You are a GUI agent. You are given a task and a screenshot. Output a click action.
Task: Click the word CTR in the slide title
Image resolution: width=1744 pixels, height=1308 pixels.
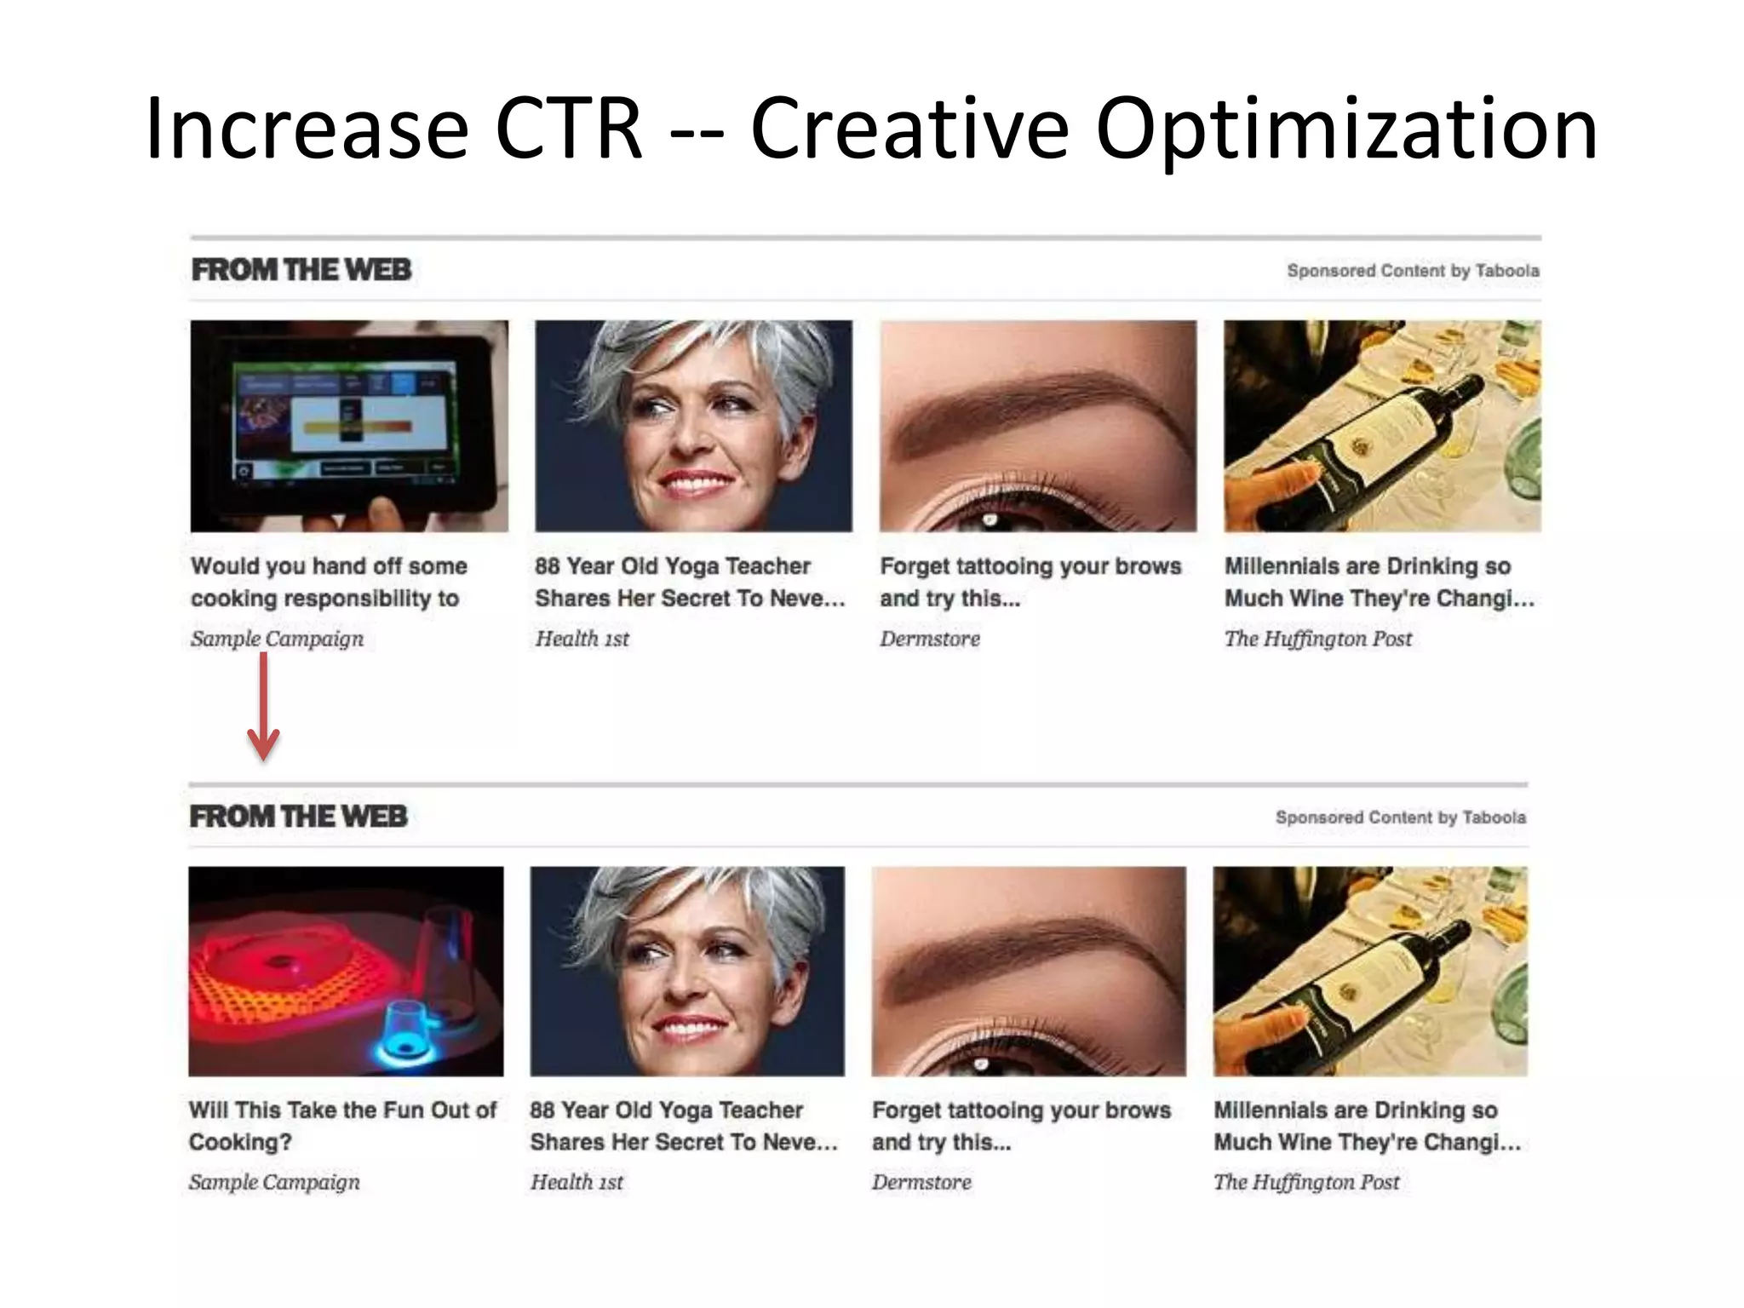(x=568, y=129)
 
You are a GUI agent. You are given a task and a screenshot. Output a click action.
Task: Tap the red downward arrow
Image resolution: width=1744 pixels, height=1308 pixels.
(x=263, y=707)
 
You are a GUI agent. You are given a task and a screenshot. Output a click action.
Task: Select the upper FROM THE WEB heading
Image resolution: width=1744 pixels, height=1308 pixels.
(x=301, y=270)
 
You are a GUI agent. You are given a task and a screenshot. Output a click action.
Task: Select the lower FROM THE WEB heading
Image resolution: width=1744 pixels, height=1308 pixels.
(x=299, y=816)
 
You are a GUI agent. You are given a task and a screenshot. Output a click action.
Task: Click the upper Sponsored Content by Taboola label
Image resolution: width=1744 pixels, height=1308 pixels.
(x=1412, y=271)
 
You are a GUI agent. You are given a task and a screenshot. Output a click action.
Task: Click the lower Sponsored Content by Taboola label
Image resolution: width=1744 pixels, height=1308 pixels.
(x=1400, y=817)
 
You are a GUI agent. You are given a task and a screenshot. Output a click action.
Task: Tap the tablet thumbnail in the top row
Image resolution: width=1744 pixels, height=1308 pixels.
(x=349, y=426)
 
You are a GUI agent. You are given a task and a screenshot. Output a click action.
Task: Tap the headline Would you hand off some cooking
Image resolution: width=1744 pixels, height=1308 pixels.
(x=329, y=582)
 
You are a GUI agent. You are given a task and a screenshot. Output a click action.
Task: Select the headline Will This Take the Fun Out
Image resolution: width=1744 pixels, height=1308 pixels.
(x=341, y=1125)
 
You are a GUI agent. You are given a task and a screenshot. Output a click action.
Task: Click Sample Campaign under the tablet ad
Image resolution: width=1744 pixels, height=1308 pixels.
(x=277, y=639)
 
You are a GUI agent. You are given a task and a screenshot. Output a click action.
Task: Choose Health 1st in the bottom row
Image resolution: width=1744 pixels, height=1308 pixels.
(x=577, y=1182)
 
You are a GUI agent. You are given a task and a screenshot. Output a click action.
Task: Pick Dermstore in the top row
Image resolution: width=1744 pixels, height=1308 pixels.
(x=930, y=639)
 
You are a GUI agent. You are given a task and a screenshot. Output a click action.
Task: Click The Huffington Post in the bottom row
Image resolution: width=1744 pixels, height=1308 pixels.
(x=1306, y=1182)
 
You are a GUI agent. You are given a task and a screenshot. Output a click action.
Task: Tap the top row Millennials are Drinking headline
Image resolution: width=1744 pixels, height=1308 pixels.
(x=1380, y=582)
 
